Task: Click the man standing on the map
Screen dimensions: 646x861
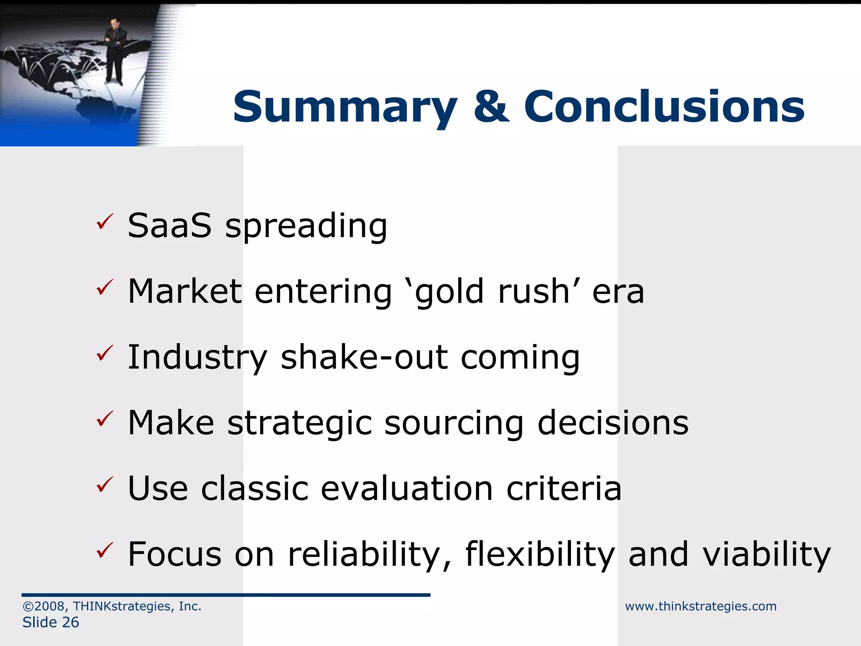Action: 114,50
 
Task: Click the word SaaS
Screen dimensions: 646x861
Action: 169,226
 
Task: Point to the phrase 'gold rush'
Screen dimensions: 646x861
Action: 492,291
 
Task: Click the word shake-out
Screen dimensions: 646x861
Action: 364,357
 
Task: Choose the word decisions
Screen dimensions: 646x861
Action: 613,422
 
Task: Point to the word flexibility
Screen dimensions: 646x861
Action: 540,554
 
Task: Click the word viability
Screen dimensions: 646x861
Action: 767,554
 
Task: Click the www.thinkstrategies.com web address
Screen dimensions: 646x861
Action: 700,606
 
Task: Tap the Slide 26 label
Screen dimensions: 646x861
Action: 50,622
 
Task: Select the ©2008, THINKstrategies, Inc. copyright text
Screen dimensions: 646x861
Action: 112,606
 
